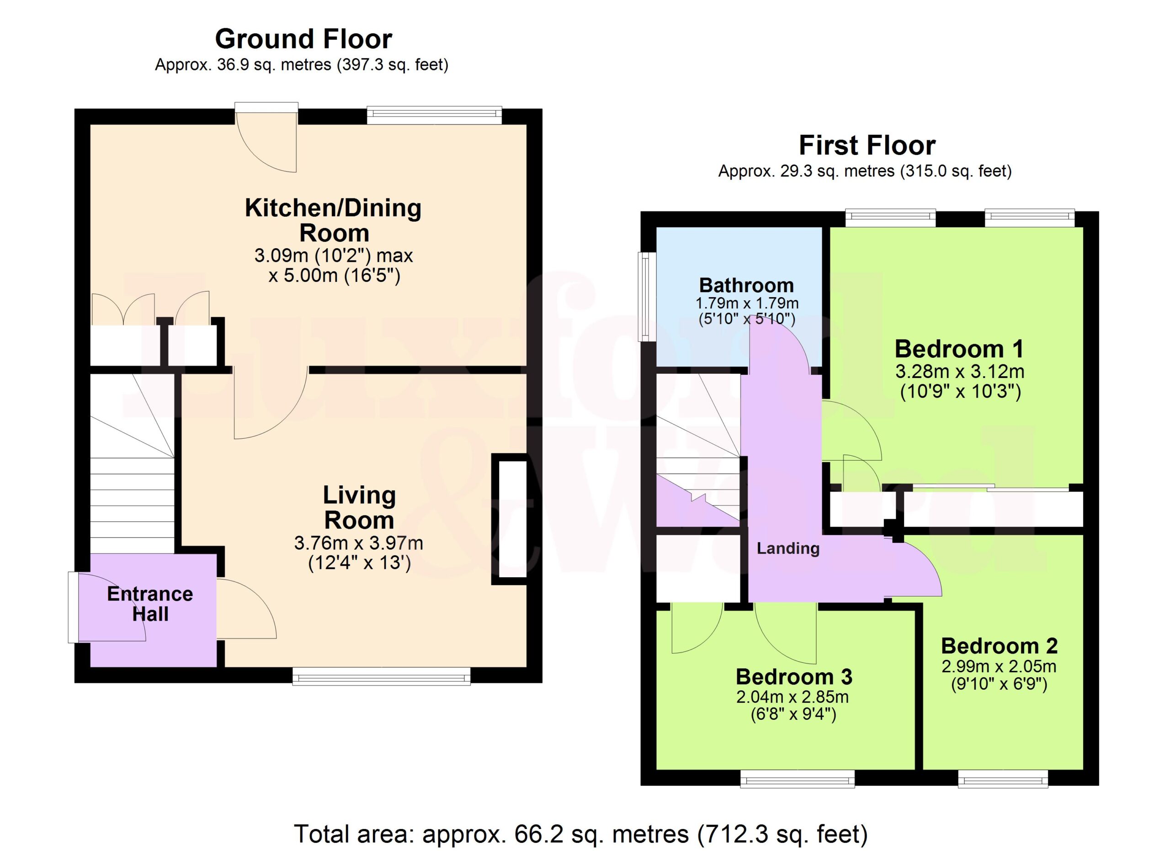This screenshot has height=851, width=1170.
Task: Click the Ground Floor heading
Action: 303,39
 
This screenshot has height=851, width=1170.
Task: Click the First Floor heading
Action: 867,145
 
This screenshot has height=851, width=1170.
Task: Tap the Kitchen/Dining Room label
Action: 333,220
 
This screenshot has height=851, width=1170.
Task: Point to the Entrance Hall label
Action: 150,604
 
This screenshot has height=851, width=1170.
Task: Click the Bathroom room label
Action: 746,285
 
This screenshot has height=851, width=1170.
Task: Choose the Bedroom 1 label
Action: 959,349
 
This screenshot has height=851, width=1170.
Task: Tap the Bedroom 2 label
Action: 999,646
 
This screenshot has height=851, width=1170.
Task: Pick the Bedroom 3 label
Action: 794,677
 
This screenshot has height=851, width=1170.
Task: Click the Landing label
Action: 788,548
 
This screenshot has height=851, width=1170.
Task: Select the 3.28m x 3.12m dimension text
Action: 959,372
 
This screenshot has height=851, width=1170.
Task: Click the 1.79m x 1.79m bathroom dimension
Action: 747,303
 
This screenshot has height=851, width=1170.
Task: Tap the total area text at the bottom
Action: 581,834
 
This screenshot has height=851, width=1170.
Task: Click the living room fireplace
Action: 509,519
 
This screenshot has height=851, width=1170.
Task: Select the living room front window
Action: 381,675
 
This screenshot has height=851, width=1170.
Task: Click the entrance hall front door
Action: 73,607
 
